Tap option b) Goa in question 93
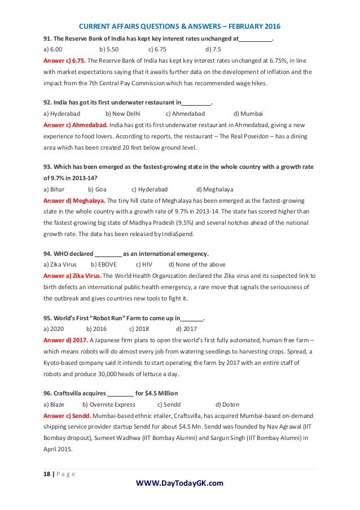click(x=98, y=189)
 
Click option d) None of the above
click(x=197, y=264)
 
